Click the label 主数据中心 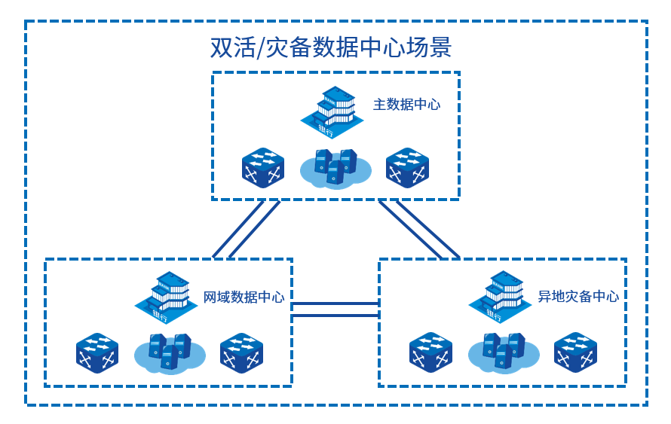tap(406, 105)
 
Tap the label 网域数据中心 tap(244, 297)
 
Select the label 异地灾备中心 tap(578, 297)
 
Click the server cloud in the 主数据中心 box tap(335, 168)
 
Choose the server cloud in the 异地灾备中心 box tap(504, 352)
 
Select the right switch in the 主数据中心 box tap(407, 167)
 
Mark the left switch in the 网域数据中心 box tap(97, 352)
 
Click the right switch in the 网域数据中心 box tap(241, 352)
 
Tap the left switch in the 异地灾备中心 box tap(430, 352)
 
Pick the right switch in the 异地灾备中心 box tap(575, 352)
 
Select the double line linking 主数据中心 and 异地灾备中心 tap(418, 229)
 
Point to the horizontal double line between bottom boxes tap(335, 310)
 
